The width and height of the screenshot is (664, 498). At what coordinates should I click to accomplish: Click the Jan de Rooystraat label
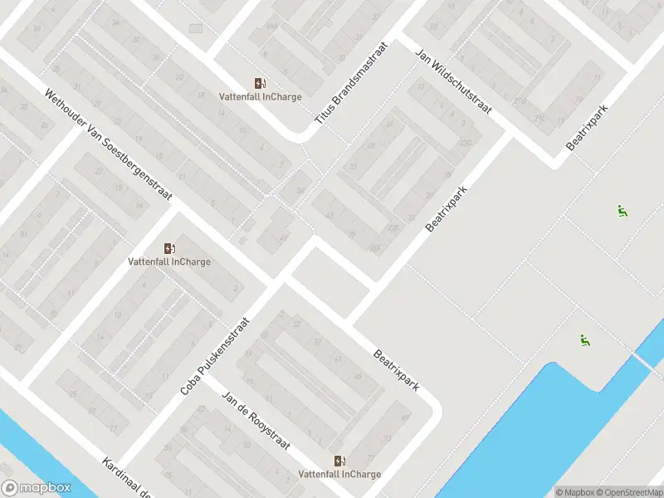[256, 418]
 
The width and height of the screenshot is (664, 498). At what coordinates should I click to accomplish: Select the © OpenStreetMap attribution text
[633, 492]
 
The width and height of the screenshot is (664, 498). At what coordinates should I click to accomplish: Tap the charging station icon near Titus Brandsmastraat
[260, 83]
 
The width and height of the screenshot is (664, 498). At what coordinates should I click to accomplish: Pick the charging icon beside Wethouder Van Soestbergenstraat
[169, 248]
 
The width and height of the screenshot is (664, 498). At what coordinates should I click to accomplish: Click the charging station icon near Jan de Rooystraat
[339, 461]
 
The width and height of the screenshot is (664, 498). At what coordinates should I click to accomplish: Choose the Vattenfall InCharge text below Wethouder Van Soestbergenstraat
[169, 262]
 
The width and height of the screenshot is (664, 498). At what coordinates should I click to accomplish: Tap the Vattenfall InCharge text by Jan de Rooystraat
[339, 475]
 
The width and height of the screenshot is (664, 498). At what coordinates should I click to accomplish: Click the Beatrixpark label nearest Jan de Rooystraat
[395, 370]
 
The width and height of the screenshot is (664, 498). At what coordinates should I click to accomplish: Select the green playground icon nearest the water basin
[585, 339]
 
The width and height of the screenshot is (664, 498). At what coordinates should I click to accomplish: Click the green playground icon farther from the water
[622, 211]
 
